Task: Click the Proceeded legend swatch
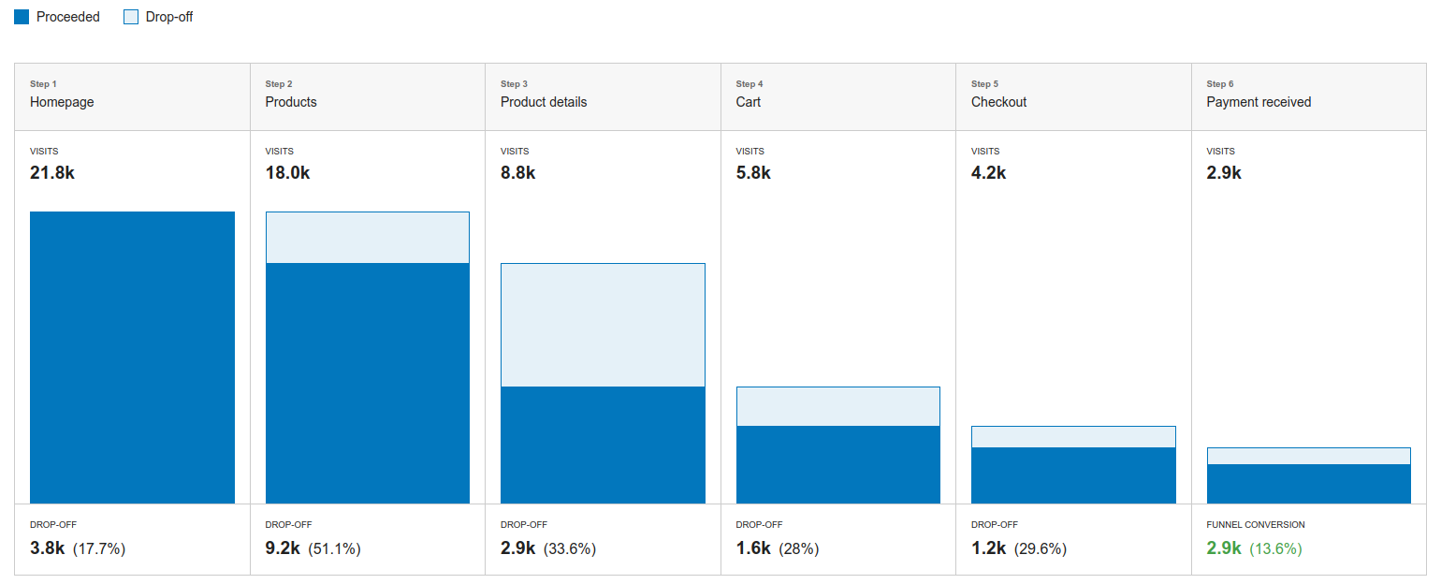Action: (22, 17)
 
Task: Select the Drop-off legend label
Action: (168, 17)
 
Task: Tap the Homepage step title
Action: (62, 102)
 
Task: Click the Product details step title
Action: (544, 102)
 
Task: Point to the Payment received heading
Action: (1259, 102)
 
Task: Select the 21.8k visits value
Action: (52, 173)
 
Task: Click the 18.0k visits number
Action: (287, 173)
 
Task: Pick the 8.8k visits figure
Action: (518, 173)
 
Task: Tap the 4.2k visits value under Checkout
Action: (989, 173)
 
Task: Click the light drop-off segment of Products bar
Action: (368, 238)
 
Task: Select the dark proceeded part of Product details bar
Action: (603, 445)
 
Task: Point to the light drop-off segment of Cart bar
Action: (838, 406)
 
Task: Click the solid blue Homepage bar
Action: (132, 358)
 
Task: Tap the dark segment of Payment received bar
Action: (1308, 484)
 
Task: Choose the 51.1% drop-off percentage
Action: (334, 549)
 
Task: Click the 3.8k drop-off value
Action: (47, 548)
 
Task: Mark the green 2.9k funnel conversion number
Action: (1224, 548)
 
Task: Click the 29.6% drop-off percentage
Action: (1040, 549)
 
